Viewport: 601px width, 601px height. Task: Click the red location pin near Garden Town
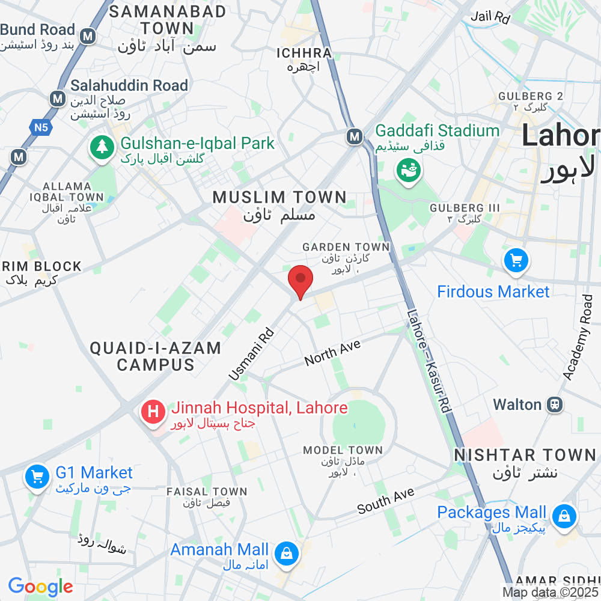300,281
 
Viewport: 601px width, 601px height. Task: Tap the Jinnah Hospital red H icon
153,412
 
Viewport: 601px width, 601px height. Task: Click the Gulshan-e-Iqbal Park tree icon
102,147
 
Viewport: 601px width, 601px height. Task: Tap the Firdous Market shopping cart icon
516,261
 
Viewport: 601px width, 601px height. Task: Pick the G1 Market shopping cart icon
37,477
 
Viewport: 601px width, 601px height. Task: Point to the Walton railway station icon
554,404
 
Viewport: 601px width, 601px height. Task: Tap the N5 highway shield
40,127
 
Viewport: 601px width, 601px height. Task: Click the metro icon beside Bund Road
89,36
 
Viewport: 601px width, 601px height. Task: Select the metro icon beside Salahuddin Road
58,99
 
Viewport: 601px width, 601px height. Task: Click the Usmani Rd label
251,355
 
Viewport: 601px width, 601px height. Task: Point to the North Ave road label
332,353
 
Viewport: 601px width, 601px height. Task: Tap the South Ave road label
385,501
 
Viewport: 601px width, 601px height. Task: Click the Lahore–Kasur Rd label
429,360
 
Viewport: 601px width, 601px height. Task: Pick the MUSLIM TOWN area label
279,197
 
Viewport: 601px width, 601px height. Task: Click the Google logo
40,587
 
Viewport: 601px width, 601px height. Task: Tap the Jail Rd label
490,17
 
